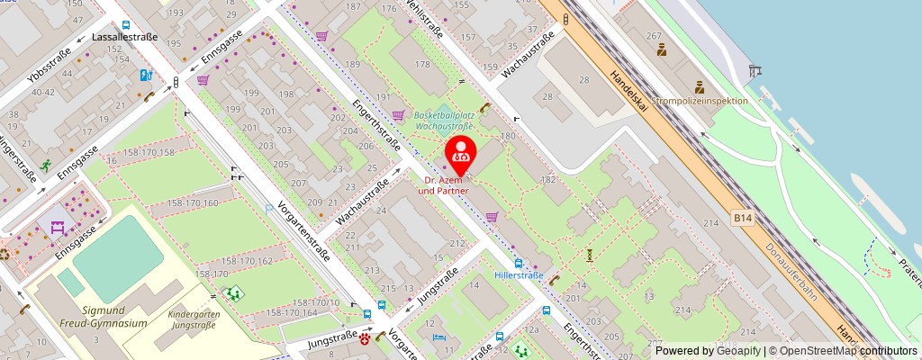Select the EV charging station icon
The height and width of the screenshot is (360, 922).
tap(145, 76)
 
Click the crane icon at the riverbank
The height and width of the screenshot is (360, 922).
tap(755, 69)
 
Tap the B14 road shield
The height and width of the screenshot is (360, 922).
tap(742, 217)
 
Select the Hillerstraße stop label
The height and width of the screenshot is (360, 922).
tap(518, 274)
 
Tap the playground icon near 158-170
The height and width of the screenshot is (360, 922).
tap(235, 292)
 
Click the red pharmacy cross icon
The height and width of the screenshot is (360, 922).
tap(365, 340)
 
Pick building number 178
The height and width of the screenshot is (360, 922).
tap(422, 65)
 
